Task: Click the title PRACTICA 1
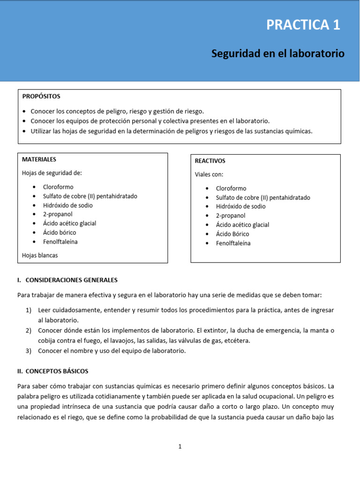click(303, 25)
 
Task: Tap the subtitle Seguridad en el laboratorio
click(277, 53)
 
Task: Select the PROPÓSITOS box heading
click(41, 97)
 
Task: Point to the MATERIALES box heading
click(39, 160)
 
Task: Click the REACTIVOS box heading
click(210, 161)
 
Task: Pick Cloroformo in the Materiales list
click(59, 187)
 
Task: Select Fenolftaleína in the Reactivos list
click(233, 243)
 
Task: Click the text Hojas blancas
click(40, 255)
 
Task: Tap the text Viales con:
click(209, 174)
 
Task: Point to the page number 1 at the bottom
click(180, 447)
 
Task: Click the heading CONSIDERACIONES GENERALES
click(71, 280)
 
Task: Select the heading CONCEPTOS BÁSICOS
click(57, 371)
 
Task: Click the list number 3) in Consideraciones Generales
click(29, 351)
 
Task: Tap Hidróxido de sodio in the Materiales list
click(67, 205)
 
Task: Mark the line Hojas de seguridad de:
click(52, 173)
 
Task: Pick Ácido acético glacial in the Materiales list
click(69, 224)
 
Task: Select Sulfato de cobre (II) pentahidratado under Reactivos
click(263, 198)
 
